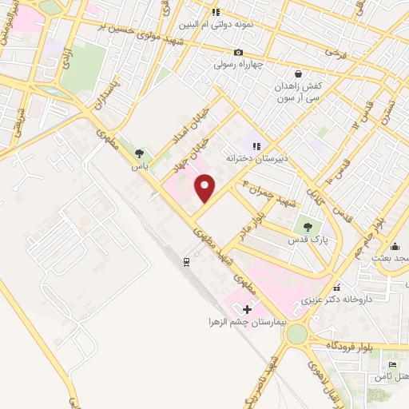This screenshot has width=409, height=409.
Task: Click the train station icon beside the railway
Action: (x=186, y=260)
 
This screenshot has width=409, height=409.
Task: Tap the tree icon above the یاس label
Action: (x=140, y=154)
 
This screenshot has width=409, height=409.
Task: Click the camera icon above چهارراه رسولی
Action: (x=237, y=53)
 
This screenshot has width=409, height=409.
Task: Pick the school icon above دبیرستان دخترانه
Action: (x=256, y=146)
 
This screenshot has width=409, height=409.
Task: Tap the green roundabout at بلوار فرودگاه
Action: (x=296, y=333)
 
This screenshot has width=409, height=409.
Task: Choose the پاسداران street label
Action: (x=111, y=93)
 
